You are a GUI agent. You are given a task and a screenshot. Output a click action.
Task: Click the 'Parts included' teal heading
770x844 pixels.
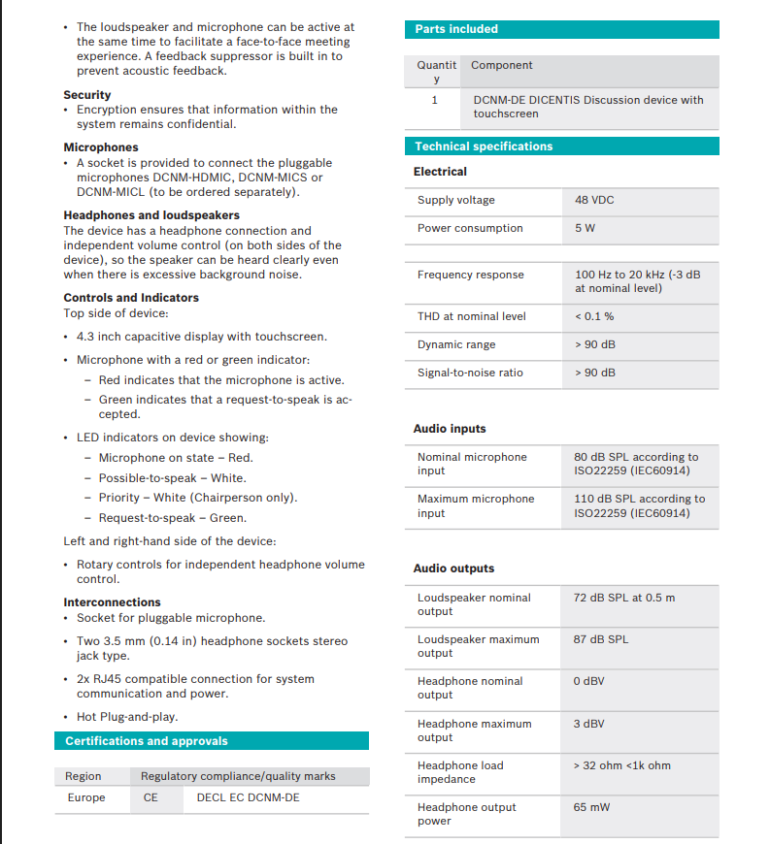[456, 29]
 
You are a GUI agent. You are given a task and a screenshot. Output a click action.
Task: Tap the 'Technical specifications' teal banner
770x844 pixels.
[484, 146]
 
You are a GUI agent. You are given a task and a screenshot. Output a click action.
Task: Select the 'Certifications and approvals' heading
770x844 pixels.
[147, 741]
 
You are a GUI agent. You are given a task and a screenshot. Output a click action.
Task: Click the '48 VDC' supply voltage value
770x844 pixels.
[594, 200]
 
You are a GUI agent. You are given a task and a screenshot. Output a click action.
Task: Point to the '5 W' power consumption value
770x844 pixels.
[585, 228]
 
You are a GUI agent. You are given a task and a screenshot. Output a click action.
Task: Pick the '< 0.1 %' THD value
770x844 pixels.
[594, 316]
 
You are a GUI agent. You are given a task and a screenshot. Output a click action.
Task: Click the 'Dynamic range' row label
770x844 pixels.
[456, 344]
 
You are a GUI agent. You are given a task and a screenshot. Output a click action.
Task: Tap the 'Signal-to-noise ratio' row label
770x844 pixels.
[470, 373]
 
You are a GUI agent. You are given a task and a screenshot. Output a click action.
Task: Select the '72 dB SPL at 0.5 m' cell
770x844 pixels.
[624, 598]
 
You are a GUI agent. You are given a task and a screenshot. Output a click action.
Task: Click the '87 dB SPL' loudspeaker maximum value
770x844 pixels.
[601, 639]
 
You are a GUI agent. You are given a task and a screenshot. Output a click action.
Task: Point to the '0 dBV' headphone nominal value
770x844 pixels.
[589, 681]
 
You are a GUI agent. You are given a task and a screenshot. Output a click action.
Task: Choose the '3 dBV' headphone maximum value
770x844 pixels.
[589, 724]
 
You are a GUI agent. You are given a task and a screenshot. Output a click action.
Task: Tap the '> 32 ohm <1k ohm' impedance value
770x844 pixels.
[622, 765]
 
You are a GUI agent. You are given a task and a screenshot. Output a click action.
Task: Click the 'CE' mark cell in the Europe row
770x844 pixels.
[151, 797]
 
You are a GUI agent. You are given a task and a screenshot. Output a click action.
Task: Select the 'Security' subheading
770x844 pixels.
[87, 95]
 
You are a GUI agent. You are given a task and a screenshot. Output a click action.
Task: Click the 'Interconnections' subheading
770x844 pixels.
[113, 602]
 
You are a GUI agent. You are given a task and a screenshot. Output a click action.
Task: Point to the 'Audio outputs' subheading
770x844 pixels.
[453, 568]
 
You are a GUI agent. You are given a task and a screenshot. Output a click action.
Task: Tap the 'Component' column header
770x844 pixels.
[502, 65]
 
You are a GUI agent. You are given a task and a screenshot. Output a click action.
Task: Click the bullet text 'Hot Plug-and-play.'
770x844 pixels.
[127, 717]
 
